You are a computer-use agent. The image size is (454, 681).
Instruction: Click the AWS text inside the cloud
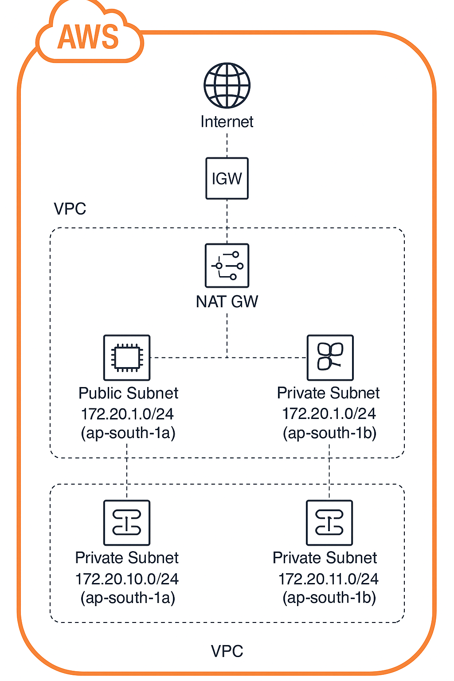pyautogui.click(x=88, y=37)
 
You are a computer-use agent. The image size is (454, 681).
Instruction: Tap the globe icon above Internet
pyautogui.click(x=227, y=86)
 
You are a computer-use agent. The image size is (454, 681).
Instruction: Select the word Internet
pyautogui.click(x=227, y=121)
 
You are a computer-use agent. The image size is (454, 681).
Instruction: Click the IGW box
pyautogui.click(x=227, y=178)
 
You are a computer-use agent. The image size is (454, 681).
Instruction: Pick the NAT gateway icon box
pyautogui.click(x=227, y=266)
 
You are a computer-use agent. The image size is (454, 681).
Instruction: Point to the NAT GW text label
pyautogui.click(x=227, y=302)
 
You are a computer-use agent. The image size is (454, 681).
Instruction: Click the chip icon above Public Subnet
pyautogui.click(x=127, y=357)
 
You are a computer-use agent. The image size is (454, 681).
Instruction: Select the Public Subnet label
pyautogui.click(x=128, y=393)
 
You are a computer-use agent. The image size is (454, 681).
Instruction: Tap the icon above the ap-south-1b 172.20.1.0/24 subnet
pyautogui.click(x=330, y=357)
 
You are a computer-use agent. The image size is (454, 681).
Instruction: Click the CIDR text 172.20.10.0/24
pyautogui.click(x=127, y=579)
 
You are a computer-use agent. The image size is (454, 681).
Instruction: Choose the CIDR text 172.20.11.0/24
pyautogui.click(x=328, y=579)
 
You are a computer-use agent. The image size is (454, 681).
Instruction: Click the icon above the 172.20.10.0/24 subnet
pyautogui.click(x=127, y=523)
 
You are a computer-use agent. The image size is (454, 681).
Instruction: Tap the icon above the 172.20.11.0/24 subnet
pyautogui.click(x=329, y=523)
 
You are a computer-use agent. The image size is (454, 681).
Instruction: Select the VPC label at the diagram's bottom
pyautogui.click(x=227, y=651)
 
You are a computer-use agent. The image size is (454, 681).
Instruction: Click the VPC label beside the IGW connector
pyautogui.click(x=70, y=209)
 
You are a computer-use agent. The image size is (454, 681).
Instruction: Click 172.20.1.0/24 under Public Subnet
pyautogui.click(x=127, y=414)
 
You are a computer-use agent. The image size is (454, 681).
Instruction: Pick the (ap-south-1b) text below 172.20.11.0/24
pyautogui.click(x=329, y=598)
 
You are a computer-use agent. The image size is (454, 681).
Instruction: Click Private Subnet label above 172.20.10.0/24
pyautogui.click(x=127, y=558)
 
